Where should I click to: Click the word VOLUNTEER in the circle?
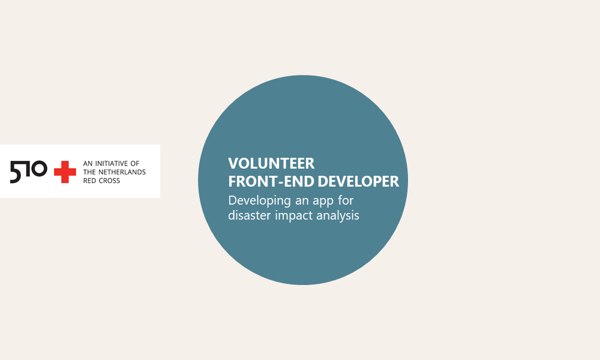[271, 163]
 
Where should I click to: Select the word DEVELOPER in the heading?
[359, 181]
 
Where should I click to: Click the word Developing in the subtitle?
[259, 201]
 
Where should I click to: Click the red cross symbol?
[65, 172]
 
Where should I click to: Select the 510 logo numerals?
[29, 172]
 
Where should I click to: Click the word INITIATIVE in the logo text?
[112, 163]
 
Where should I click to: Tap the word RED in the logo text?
[90, 181]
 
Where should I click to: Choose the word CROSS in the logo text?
[110, 181]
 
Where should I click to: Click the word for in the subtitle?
[346, 200]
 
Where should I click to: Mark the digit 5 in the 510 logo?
[16, 172]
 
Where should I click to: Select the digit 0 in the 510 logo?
[39, 169]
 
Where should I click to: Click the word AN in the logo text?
[88, 163]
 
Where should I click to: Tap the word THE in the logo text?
[89, 172]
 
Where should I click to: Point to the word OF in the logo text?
[135, 163]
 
